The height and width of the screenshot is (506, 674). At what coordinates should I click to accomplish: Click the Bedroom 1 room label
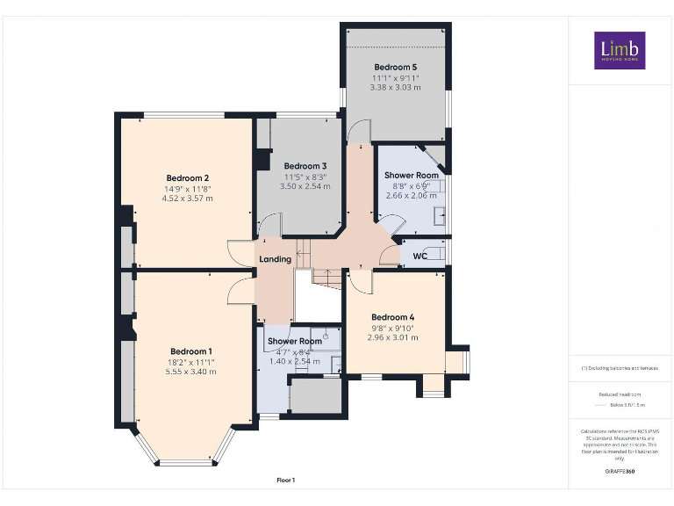point(190,351)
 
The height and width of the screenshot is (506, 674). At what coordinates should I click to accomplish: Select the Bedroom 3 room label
point(305,166)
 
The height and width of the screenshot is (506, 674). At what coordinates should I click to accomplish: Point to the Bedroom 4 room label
point(392,317)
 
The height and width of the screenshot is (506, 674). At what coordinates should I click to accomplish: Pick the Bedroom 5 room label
point(395,67)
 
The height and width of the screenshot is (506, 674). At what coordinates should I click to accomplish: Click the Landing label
point(276,259)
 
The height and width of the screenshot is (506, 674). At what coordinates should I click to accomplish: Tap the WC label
point(419,257)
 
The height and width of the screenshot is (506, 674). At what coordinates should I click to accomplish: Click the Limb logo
point(620,50)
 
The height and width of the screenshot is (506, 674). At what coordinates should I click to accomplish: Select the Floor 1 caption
point(286,480)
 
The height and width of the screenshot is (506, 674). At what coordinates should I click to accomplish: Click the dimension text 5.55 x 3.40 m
point(190,372)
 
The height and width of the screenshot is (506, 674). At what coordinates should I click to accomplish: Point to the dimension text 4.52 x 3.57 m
point(187,199)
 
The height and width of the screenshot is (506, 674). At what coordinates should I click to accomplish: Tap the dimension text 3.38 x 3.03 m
point(395,87)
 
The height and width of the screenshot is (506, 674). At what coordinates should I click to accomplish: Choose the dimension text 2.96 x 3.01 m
point(392,337)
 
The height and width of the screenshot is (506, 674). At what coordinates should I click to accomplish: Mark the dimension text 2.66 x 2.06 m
point(411,195)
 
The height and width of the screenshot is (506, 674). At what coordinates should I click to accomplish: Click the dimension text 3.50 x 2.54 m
point(305,186)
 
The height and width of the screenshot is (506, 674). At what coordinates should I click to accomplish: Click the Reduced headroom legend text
point(620,394)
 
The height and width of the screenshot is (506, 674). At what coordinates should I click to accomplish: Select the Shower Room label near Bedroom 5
point(411,175)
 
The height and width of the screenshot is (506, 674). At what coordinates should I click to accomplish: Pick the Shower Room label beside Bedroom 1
point(295,341)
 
